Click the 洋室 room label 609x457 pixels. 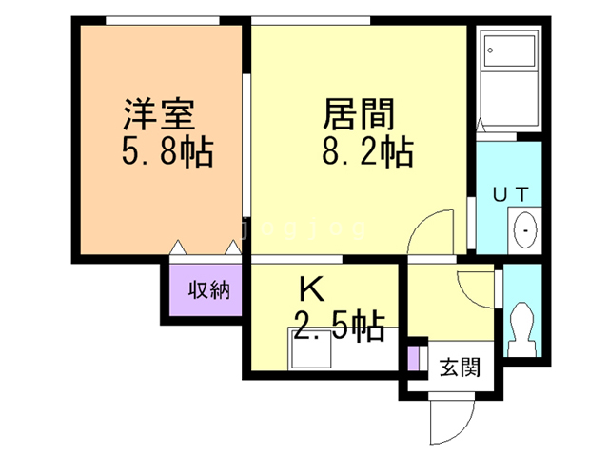point(158,115)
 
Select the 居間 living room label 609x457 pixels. point(359,115)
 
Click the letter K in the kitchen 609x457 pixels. point(308,288)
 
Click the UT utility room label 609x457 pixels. point(510,194)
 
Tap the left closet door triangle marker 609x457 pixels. point(177,248)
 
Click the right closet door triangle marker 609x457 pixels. point(231,248)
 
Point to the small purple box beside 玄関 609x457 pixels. point(413,359)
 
